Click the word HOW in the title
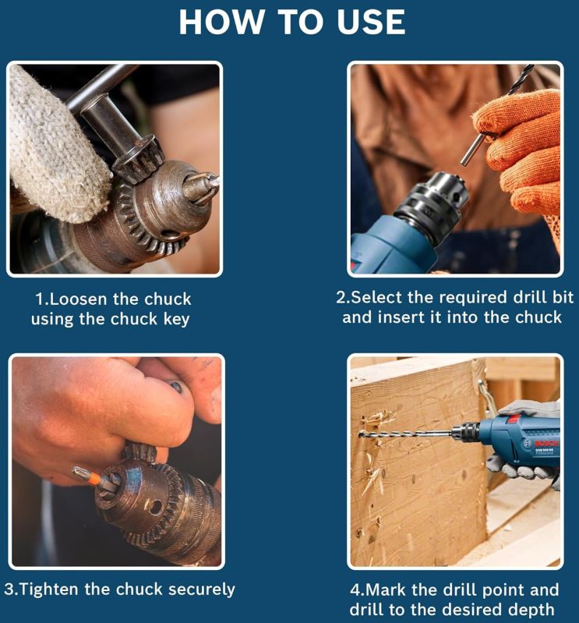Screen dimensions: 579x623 (x=221, y=23)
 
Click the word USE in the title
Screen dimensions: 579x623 (x=371, y=23)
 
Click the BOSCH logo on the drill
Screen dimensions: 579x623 (x=546, y=444)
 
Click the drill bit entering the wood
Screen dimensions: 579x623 (x=405, y=433)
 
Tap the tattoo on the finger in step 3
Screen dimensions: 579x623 (x=176, y=387)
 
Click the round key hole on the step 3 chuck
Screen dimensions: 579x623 (x=155, y=507)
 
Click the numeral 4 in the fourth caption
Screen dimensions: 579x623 (x=355, y=590)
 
